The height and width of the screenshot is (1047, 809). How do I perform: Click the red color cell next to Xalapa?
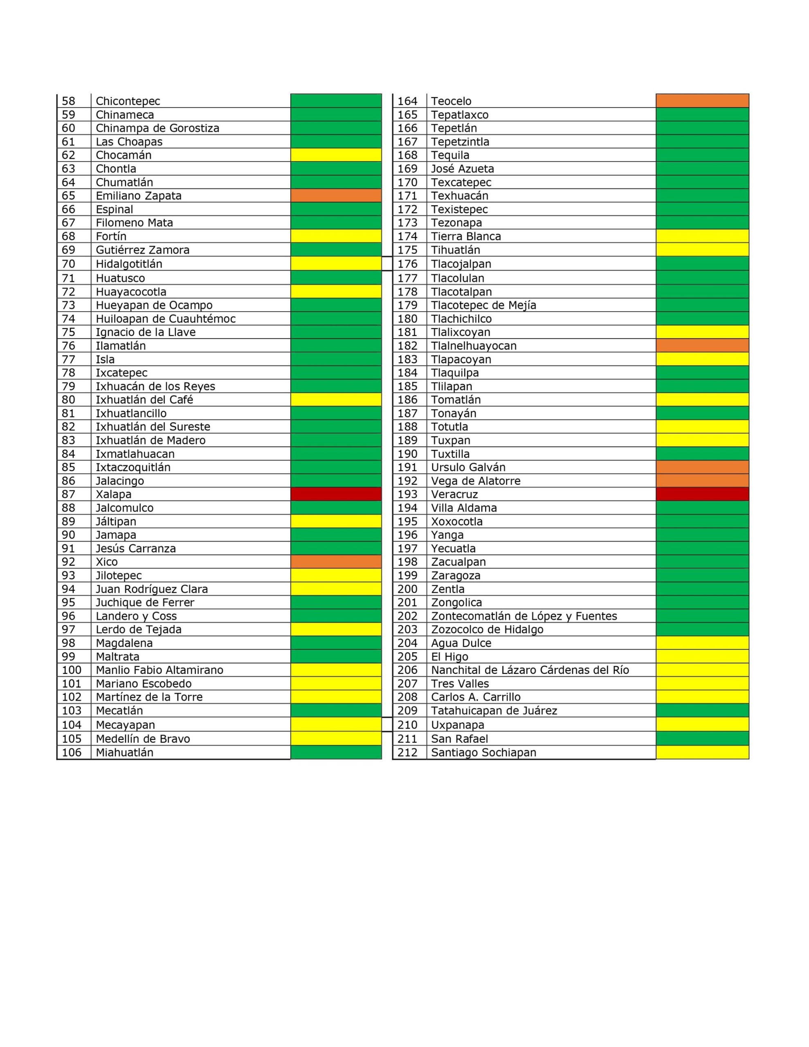click(x=336, y=494)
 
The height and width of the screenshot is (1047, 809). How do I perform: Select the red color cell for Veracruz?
click(x=702, y=494)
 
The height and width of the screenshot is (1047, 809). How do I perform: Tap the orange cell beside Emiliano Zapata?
click(x=336, y=195)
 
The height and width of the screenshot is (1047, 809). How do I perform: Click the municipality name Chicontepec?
click(x=128, y=101)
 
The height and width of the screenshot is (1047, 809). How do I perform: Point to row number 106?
click(x=72, y=752)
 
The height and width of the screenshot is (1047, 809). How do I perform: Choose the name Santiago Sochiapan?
click(x=483, y=752)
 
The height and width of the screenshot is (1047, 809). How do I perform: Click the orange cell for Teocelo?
click(x=702, y=101)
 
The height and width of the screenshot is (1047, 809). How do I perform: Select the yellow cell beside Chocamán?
click(x=336, y=155)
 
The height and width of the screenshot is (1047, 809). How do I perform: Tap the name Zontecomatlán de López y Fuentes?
click(x=524, y=616)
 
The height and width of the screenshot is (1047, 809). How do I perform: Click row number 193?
click(x=408, y=494)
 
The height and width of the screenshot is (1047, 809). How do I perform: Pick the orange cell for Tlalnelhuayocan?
click(x=702, y=346)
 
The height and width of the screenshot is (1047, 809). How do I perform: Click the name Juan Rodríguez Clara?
click(x=152, y=589)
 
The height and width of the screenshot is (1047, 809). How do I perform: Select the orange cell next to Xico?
click(x=336, y=562)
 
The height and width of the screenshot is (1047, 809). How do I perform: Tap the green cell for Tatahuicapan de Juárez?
click(x=702, y=710)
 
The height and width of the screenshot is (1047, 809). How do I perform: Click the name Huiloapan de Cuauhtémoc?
click(x=166, y=319)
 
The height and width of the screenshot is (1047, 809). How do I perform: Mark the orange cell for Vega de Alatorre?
click(x=702, y=481)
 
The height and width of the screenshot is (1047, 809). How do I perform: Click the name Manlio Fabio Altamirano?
click(x=159, y=670)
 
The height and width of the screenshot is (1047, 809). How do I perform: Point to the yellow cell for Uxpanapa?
click(x=702, y=724)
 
